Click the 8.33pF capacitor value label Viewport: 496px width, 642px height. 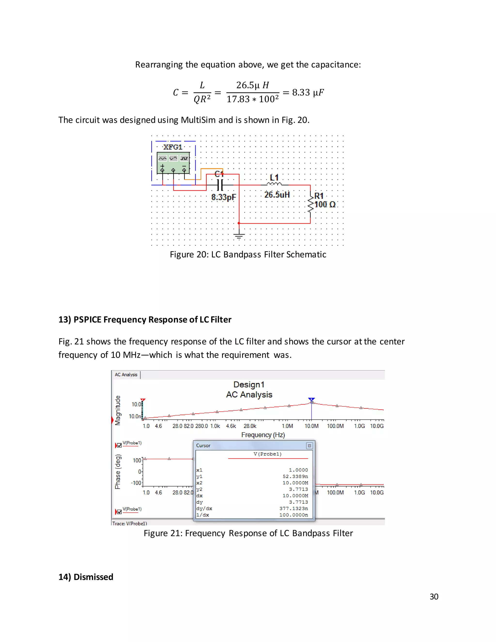pyautogui.click(x=223, y=197)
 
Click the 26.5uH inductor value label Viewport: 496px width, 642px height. pyautogui.click(x=277, y=195)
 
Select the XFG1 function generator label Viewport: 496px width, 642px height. pyautogui.click(x=173, y=147)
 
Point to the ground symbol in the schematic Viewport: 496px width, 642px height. pyautogui.click(x=239, y=235)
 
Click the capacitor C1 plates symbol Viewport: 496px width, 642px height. pyautogui.click(x=220, y=185)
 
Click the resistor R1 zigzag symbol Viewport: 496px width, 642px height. pyautogui.click(x=310, y=204)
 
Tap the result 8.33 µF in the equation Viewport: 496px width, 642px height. pyautogui.click(x=308, y=93)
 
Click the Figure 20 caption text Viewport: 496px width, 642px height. pyautogui.click(x=248, y=254)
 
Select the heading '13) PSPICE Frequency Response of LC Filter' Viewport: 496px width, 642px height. pyautogui.click(x=145, y=320)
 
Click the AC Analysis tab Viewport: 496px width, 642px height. pyautogui.click(x=126, y=375)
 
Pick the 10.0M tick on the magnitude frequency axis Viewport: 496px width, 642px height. pyautogui.click(x=311, y=426)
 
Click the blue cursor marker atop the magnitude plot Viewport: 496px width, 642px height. pyautogui.click(x=311, y=399)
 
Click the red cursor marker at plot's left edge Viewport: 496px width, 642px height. pyautogui.click(x=143, y=400)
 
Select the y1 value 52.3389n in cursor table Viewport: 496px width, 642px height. pyautogui.click(x=295, y=476)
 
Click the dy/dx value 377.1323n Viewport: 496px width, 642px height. pyautogui.click(x=293, y=508)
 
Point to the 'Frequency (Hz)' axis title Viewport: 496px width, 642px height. pyautogui.click(x=263, y=435)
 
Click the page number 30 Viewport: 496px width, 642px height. pyautogui.click(x=434, y=596)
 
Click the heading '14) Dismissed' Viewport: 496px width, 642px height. pyautogui.click(x=86, y=577)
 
